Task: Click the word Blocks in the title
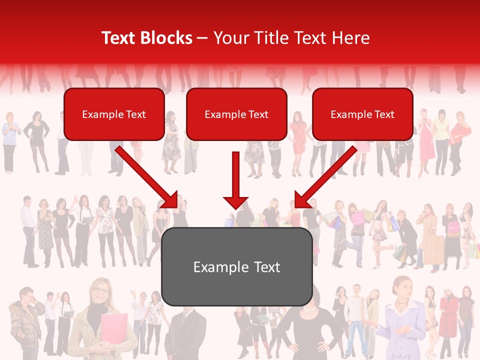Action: (x=165, y=38)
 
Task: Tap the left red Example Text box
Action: (x=114, y=114)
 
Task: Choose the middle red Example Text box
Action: (x=236, y=114)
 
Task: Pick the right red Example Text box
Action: (x=362, y=114)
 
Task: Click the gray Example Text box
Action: (x=236, y=267)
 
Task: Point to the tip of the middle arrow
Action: (x=236, y=207)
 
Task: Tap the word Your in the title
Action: (x=228, y=38)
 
